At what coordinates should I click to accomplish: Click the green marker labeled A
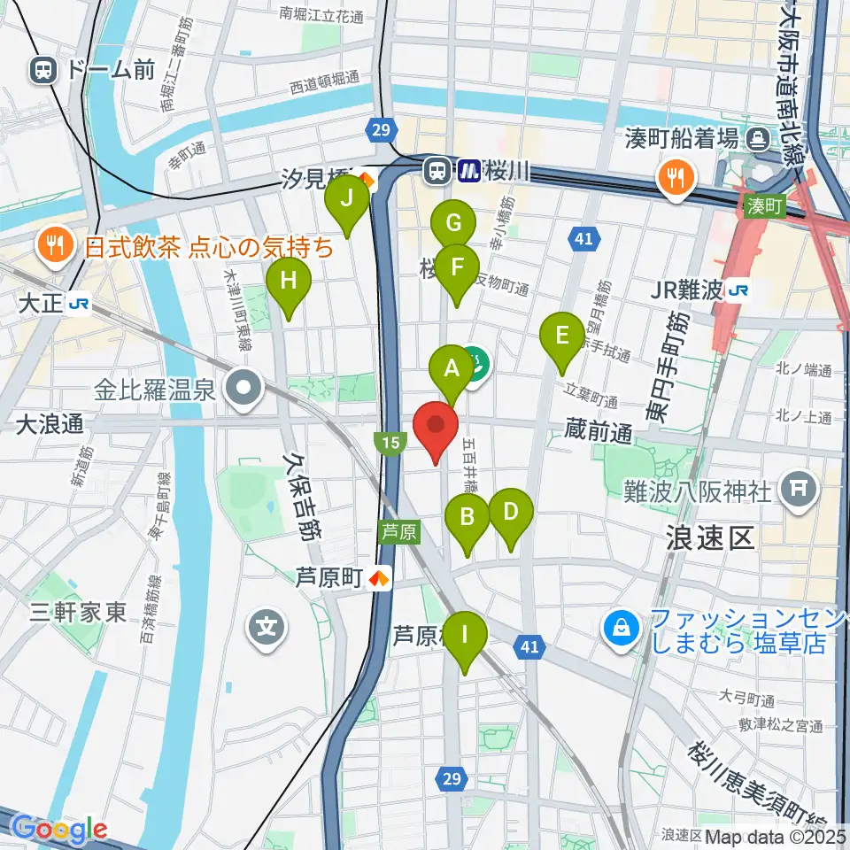pyautogui.click(x=452, y=367)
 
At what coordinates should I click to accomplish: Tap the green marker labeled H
pyautogui.click(x=289, y=281)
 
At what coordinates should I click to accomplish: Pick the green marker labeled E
pyautogui.click(x=561, y=336)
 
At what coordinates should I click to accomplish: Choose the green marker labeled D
pyautogui.click(x=510, y=512)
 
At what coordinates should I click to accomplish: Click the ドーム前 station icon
pyautogui.click(x=42, y=70)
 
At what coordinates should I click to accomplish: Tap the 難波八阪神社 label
pyautogui.click(x=699, y=490)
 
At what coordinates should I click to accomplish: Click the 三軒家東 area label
pyautogui.click(x=79, y=612)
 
